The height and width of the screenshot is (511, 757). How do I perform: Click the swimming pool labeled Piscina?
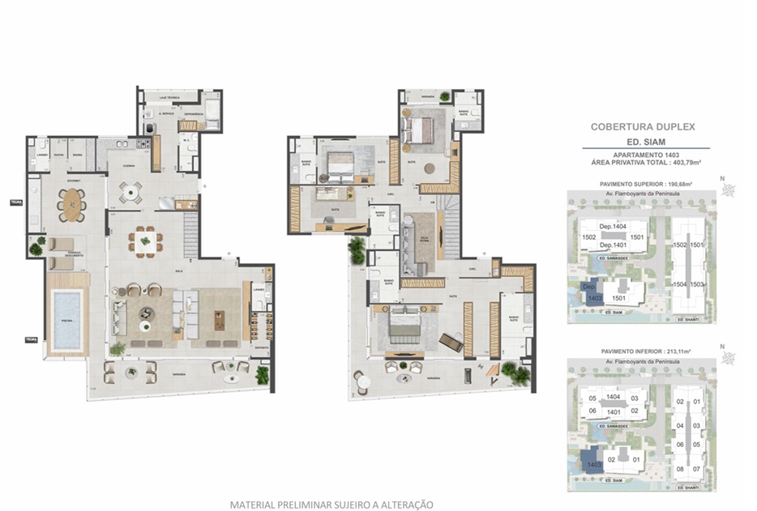66,313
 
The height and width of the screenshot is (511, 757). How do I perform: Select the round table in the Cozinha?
130,192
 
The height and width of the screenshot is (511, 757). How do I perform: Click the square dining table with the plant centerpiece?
145,241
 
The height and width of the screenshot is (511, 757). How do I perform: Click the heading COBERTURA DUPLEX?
643,127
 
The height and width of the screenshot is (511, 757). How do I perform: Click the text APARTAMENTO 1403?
645,155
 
